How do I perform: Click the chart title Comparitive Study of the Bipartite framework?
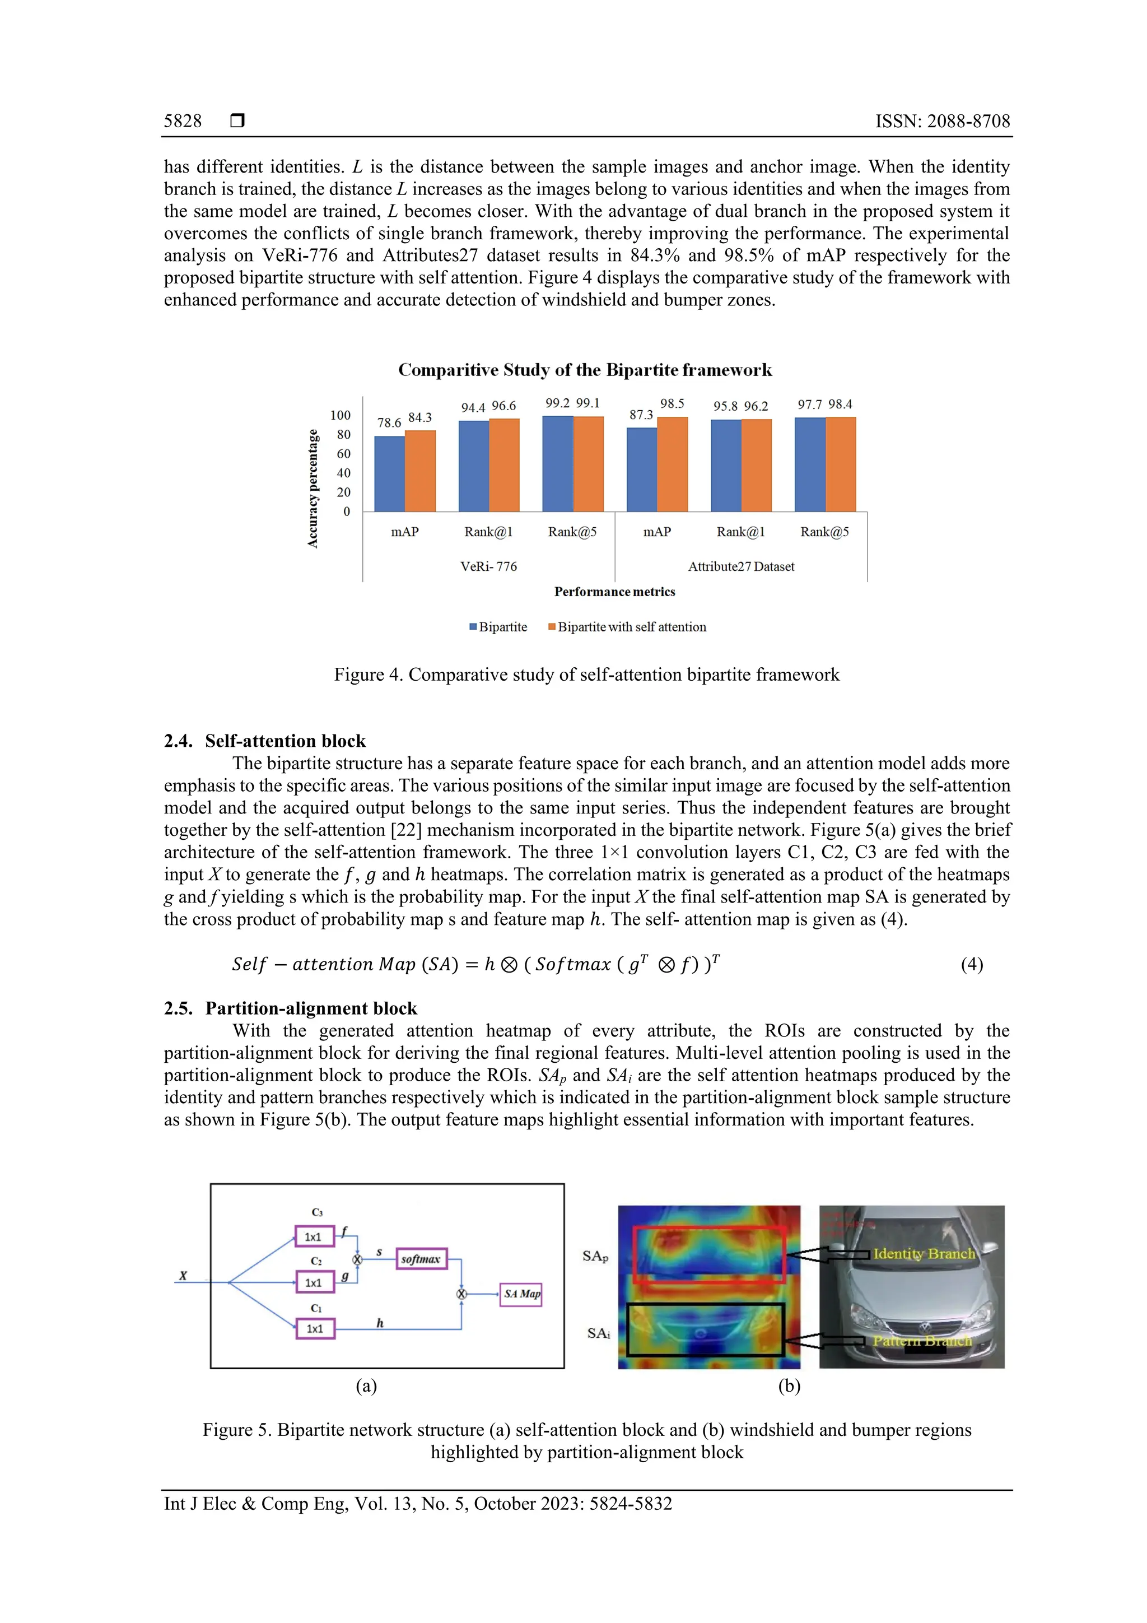coord(585,370)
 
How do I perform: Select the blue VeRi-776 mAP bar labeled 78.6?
coord(389,473)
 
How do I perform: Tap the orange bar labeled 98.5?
coord(672,464)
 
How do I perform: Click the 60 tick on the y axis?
coord(343,454)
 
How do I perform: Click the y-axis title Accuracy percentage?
coord(313,489)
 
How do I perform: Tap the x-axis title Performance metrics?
coord(614,592)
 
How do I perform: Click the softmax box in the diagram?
coord(421,1259)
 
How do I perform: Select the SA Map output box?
coord(521,1294)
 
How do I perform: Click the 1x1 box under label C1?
coord(315,1329)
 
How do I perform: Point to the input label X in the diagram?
coord(183,1276)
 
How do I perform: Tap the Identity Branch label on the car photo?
coord(923,1253)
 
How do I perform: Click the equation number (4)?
coord(971,964)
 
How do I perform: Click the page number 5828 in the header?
coord(183,121)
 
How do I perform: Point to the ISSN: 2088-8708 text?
coord(942,121)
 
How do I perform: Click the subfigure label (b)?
coord(789,1385)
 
